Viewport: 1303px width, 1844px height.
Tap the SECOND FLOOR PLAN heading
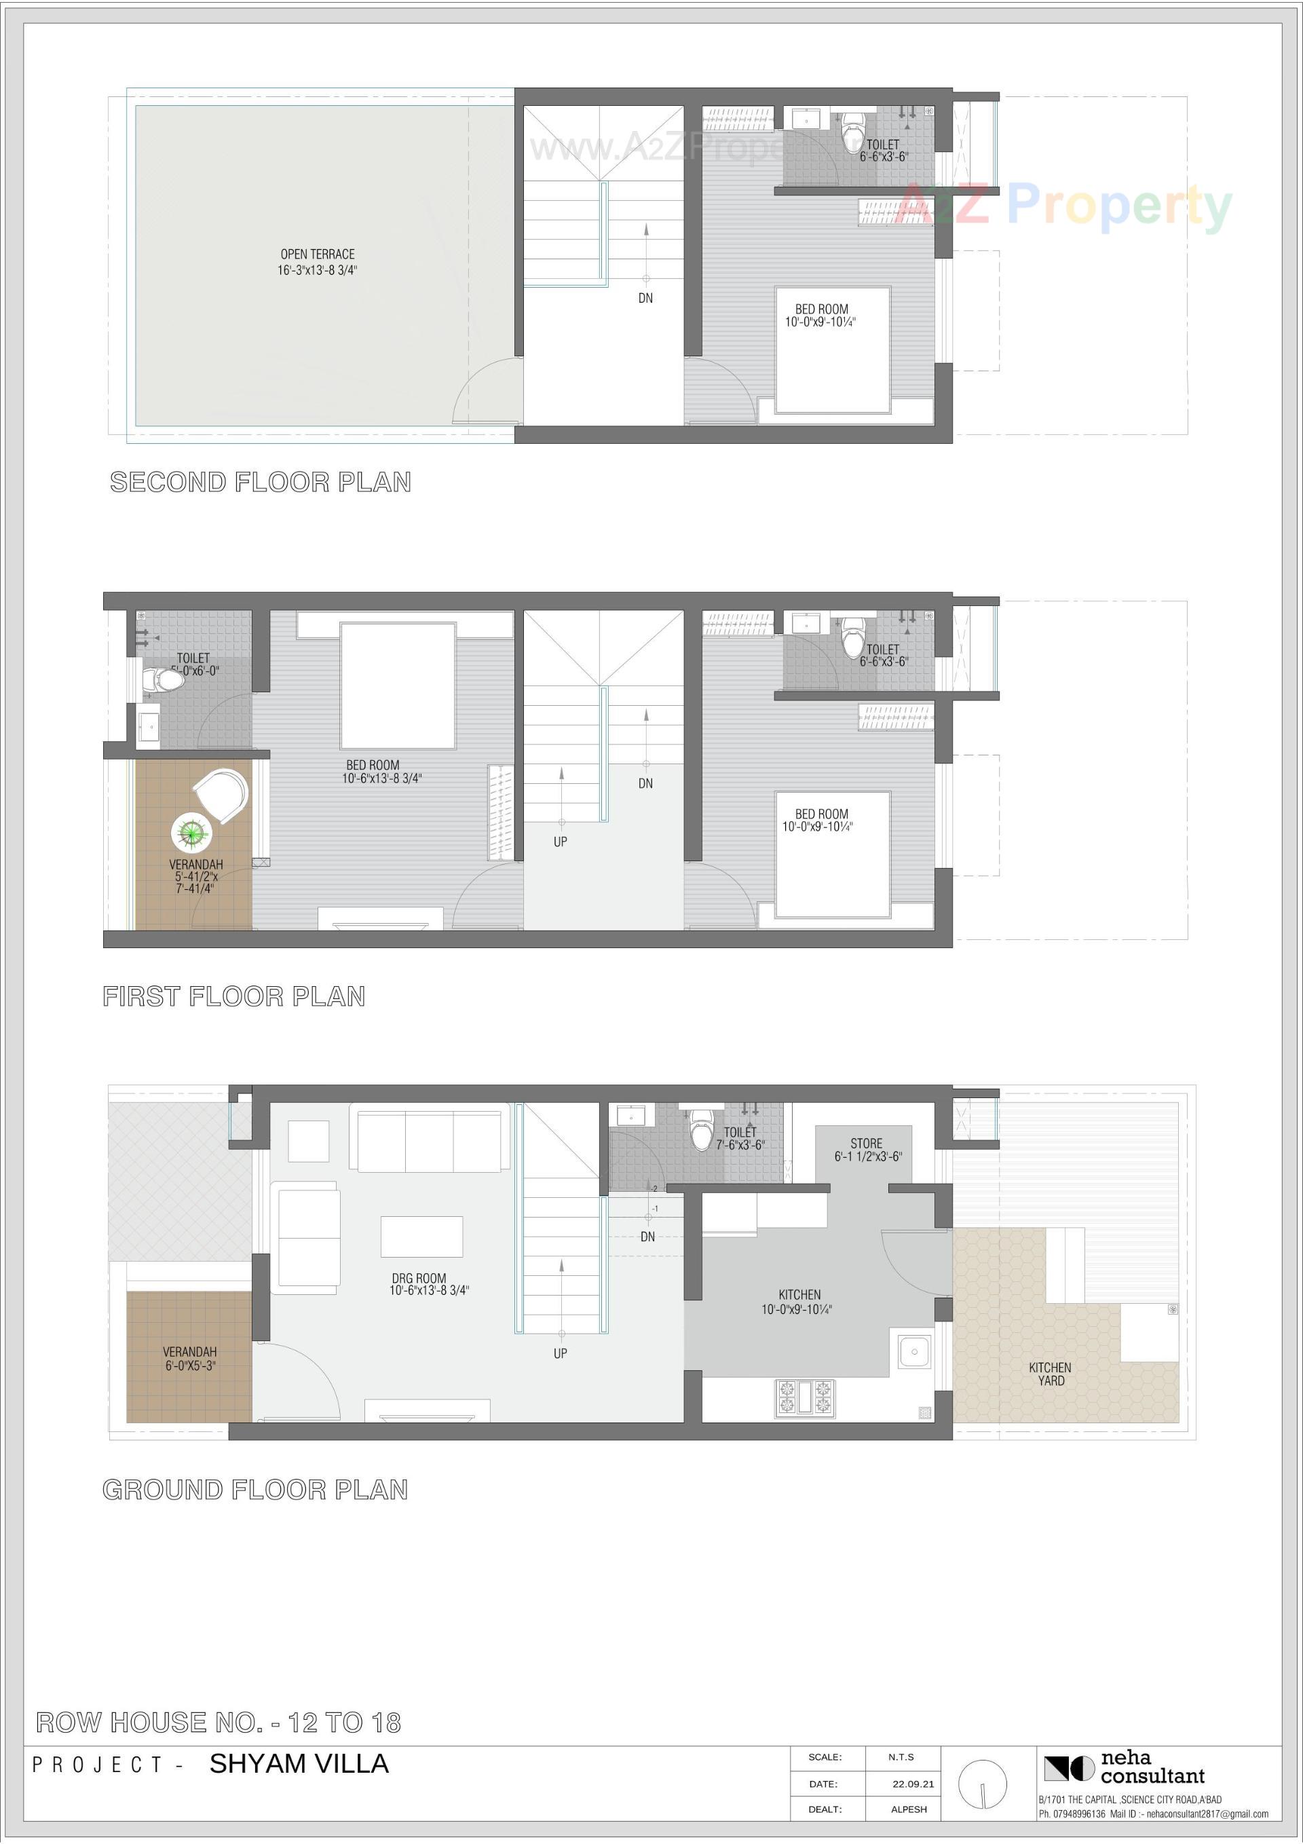click(261, 482)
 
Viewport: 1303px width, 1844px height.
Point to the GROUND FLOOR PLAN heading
click(255, 1490)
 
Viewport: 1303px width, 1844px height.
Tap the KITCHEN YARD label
click(1050, 1374)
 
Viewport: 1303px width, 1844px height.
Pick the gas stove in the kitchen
click(805, 1397)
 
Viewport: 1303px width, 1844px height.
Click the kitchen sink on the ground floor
click(914, 1352)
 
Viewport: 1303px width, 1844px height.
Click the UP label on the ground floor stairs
click(561, 1353)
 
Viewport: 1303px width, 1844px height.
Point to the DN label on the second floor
click(646, 298)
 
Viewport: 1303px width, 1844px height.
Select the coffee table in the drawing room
click(421, 1236)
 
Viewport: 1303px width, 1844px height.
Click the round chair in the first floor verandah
click(222, 795)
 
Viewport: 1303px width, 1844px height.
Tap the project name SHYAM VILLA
click(299, 1764)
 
